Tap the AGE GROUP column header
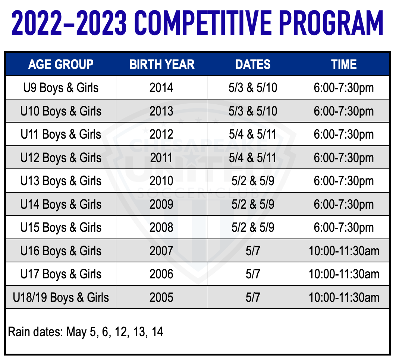click(61, 64)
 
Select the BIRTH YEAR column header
click(162, 64)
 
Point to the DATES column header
click(253, 64)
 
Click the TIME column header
click(344, 64)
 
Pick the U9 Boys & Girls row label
click(61, 88)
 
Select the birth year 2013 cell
click(161, 111)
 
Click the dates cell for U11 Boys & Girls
click(253, 134)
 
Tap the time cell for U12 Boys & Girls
click(344, 158)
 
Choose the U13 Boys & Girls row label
click(61, 181)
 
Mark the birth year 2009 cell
click(161, 204)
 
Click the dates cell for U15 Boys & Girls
click(253, 227)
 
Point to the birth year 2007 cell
click(161, 251)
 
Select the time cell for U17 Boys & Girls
click(344, 274)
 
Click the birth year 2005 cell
click(161, 297)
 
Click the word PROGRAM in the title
click(331, 23)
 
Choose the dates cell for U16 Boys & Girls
click(253, 251)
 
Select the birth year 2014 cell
click(161, 88)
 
